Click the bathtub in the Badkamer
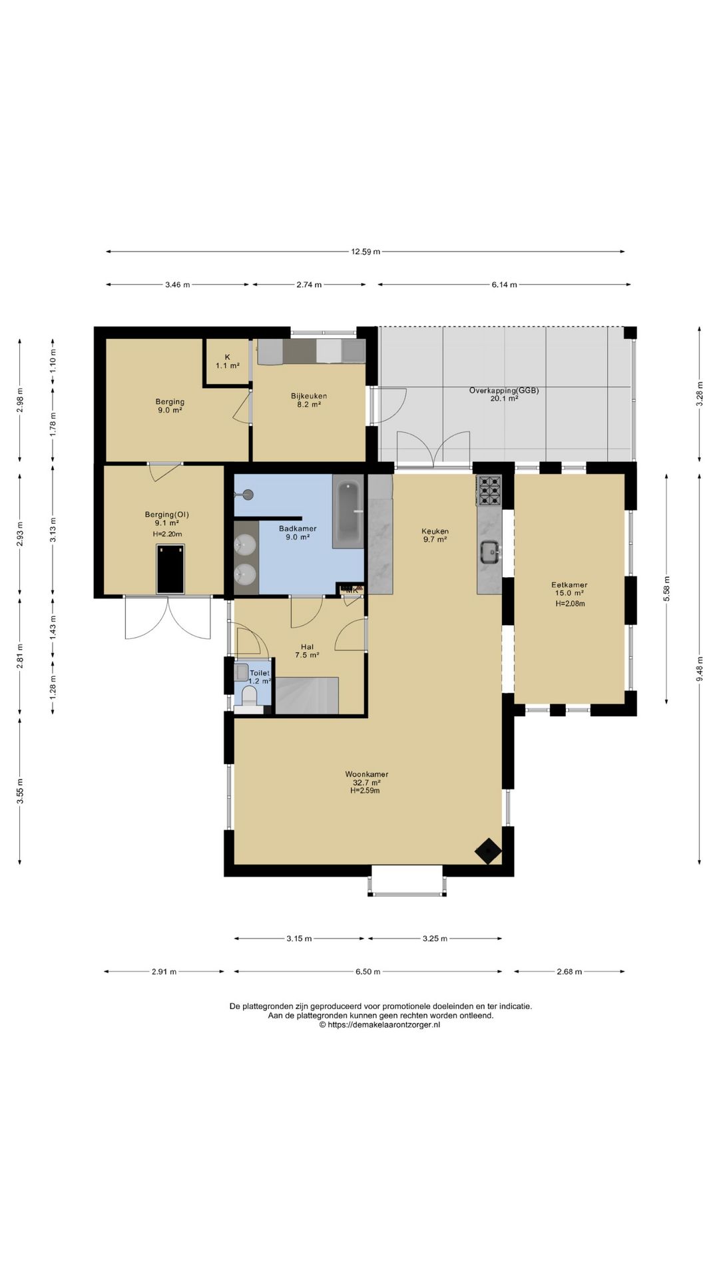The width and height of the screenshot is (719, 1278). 348,511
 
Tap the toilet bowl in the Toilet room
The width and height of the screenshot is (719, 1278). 250,696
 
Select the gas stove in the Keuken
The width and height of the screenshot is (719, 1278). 489,491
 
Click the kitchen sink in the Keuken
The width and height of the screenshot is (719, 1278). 491,552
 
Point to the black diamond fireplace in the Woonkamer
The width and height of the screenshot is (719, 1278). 488,851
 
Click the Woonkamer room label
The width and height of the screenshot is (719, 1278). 367,774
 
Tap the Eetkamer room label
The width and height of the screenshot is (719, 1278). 569,585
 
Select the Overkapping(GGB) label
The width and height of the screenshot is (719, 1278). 504,391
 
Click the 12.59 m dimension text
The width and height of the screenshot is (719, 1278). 366,252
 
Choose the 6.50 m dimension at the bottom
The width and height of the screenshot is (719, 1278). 367,972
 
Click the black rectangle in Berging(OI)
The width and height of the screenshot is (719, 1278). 170,569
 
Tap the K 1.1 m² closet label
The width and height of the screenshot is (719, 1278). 228,361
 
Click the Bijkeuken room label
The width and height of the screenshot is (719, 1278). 309,396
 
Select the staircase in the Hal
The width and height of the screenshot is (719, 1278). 307,696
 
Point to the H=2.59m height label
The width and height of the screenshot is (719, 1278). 365,791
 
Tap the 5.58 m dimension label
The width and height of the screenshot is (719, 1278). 666,588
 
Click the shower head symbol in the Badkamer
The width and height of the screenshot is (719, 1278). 247,494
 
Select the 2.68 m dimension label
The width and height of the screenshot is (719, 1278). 569,972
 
